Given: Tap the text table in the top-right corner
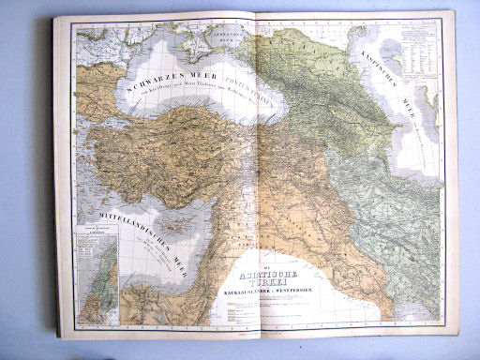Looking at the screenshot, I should point(416,47).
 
